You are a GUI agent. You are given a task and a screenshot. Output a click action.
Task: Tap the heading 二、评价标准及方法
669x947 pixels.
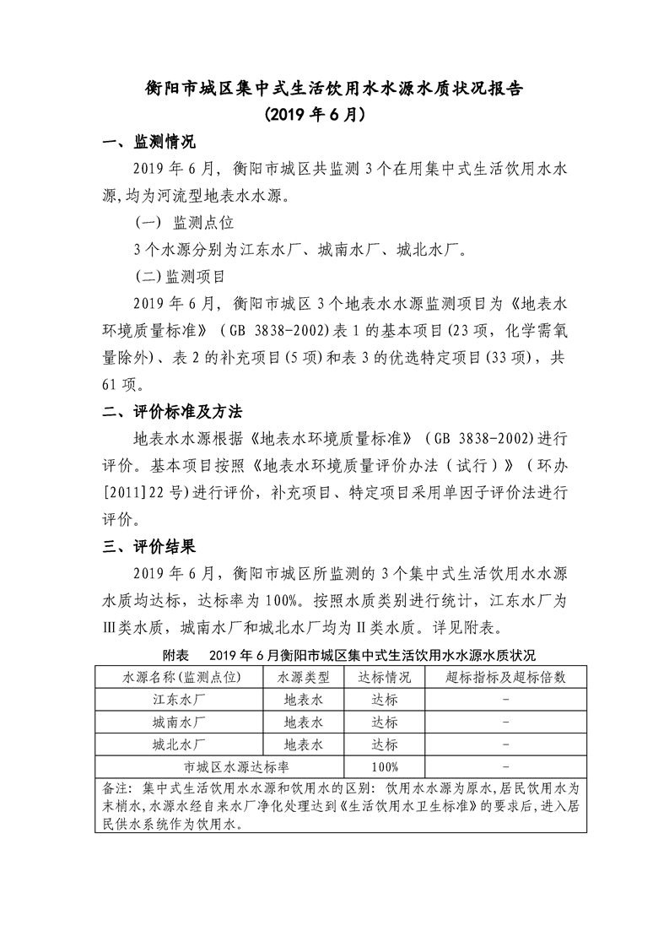point(171,412)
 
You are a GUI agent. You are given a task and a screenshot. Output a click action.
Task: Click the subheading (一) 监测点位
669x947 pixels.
point(184,223)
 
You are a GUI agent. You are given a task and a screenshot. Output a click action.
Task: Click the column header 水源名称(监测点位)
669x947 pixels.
point(180,677)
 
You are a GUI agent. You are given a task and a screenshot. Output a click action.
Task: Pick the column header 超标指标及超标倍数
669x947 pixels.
point(504,677)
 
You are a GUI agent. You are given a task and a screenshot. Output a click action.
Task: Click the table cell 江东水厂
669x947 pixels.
point(180,700)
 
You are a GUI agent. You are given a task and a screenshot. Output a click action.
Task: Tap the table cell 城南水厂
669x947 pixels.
point(180,722)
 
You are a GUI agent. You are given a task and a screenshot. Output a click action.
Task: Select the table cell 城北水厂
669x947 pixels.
point(180,745)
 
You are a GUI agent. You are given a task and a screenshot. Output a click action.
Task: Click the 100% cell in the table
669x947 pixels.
point(384,767)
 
